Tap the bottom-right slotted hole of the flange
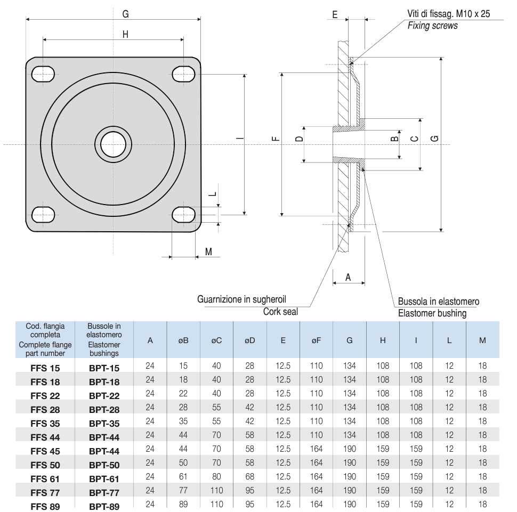point(183,215)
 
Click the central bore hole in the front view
point(113,144)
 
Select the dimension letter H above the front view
point(126,35)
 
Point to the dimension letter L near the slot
point(212,194)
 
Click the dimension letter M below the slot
point(209,251)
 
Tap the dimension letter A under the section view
point(349,277)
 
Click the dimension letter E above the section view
point(335,14)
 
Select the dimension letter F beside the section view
point(275,140)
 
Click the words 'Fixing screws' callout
point(432,26)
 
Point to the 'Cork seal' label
point(280,312)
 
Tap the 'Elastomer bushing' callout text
point(432,313)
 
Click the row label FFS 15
point(45,368)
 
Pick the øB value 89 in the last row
point(183,504)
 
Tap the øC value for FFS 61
point(216,476)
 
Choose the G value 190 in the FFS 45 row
point(350,449)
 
